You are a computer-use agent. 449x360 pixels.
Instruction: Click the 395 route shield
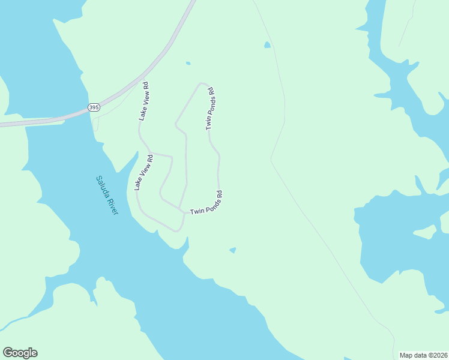[94, 107]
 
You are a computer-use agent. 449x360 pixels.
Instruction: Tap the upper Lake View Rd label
[144, 102]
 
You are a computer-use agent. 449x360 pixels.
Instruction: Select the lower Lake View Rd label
[144, 173]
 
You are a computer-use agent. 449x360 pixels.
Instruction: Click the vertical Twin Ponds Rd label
[210, 109]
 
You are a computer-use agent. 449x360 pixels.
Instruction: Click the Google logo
[20, 353]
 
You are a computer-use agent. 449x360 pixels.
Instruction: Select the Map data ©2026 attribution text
[424, 355]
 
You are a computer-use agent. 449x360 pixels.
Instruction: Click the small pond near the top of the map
[267, 44]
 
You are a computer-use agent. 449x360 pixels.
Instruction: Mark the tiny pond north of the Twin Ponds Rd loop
[188, 63]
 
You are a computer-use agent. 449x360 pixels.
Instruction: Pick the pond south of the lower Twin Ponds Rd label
[232, 250]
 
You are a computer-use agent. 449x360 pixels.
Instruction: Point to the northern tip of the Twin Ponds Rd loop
[203, 83]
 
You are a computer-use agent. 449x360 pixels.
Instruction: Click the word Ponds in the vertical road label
[210, 108]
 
